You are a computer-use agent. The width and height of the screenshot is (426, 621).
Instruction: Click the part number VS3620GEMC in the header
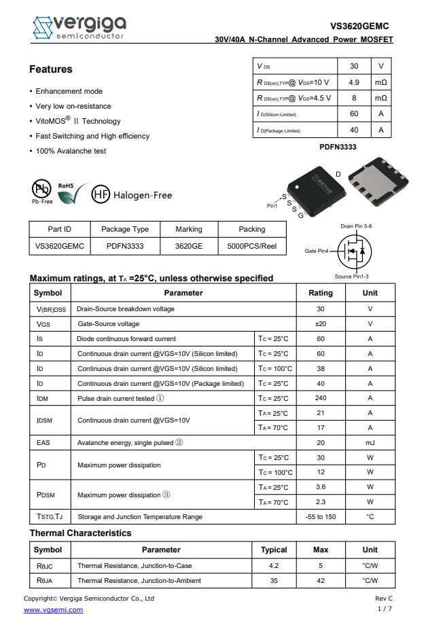click(x=359, y=26)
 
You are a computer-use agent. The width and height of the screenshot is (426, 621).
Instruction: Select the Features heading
click(x=50, y=69)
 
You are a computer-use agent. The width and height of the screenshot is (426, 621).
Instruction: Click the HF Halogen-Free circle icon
click(x=101, y=195)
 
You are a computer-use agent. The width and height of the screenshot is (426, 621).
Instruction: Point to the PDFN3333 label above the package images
click(x=338, y=147)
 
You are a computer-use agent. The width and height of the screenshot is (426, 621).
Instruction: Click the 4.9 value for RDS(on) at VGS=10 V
click(x=353, y=82)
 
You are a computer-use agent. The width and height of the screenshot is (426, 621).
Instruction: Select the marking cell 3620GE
click(x=188, y=247)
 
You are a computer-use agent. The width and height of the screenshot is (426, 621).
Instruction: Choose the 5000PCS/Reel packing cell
click(x=251, y=247)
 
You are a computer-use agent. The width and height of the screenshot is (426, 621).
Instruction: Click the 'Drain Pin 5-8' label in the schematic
click(x=356, y=226)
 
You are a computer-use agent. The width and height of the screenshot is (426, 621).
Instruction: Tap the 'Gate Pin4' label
click(x=316, y=251)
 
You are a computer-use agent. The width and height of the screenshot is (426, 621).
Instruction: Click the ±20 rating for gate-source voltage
click(x=321, y=324)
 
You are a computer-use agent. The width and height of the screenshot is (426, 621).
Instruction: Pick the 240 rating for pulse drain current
click(x=321, y=398)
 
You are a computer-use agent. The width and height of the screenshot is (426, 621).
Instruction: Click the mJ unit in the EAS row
click(x=370, y=442)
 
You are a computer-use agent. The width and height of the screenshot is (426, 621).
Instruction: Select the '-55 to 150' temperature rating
click(x=321, y=516)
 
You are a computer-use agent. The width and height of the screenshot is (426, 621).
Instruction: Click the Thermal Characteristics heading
click(x=80, y=533)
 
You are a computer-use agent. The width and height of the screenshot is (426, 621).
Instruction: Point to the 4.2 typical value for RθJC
click(x=274, y=565)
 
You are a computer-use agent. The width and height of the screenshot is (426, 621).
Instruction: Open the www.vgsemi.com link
click(x=53, y=609)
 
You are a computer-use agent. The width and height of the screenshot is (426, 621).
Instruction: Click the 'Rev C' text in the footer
click(x=384, y=599)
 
